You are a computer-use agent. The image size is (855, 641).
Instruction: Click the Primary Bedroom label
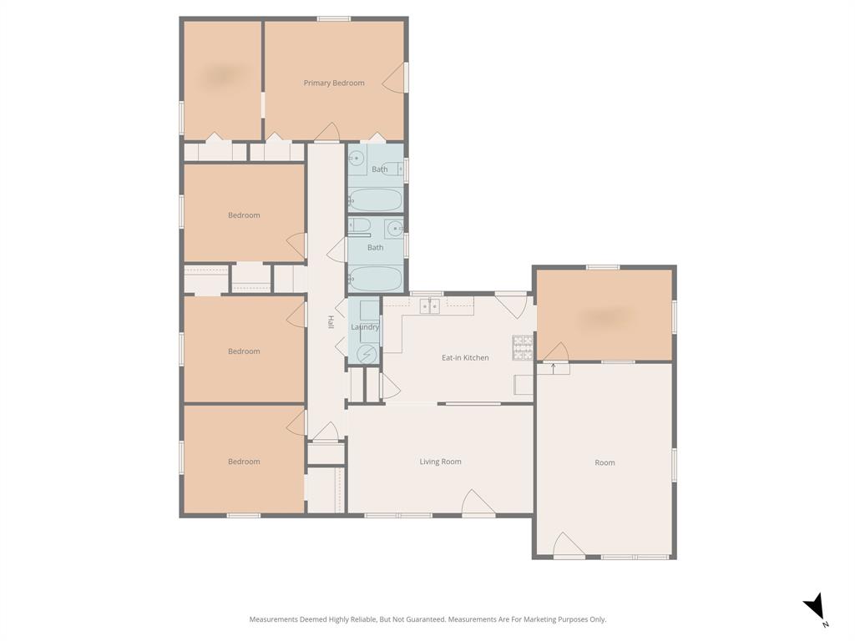click(334, 83)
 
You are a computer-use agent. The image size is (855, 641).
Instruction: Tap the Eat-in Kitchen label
click(465, 357)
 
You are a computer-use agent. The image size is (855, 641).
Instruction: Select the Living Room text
click(440, 462)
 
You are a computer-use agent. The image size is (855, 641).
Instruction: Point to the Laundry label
click(365, 326)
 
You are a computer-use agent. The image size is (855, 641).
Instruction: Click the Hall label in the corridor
click(331, 321)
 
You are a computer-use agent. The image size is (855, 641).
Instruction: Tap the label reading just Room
click(605, 462)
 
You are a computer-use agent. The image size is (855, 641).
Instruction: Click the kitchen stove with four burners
click(523, 346)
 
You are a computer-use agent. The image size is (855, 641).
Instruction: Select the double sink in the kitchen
click(429, 306)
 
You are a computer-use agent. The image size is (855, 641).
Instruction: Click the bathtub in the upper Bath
click(376, 199)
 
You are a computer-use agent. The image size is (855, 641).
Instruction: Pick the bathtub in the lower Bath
click(376, 278)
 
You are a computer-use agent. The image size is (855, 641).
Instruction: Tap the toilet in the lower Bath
click(359, 225)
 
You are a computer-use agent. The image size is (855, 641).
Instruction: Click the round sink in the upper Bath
click(357, 158)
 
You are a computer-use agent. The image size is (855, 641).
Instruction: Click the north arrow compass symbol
click(815, 608)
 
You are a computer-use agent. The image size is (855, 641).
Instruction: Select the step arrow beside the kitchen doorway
click(553, 366)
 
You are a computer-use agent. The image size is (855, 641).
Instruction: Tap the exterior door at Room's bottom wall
click(568, 545)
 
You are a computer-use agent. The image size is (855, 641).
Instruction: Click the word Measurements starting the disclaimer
click(273, 619)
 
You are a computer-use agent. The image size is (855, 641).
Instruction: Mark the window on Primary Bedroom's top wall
click(333, 18)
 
